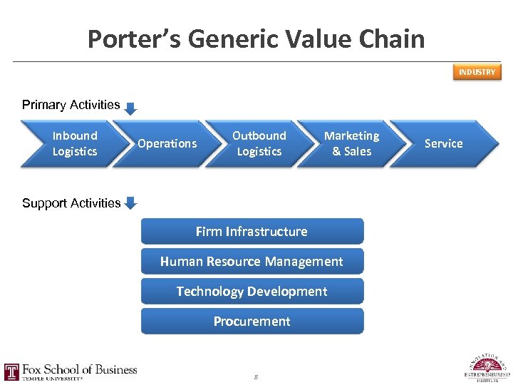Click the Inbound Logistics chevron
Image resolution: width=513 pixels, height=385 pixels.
[74, 143]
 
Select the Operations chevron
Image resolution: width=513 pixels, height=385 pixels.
[167, 143]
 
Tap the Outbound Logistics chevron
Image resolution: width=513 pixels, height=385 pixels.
[259, 143]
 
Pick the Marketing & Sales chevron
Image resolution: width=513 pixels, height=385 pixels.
[351, 143]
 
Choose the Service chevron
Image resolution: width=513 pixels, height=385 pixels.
[444, 143]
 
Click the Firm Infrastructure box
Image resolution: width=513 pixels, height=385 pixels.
[252, 231]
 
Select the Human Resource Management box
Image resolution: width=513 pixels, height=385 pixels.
[252, 262]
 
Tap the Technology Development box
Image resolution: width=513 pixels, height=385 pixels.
[252, 291]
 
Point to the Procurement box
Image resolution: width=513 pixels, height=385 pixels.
[252, 321]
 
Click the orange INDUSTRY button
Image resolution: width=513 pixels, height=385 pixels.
[477, 72]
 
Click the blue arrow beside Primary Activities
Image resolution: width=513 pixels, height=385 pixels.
[130, 108]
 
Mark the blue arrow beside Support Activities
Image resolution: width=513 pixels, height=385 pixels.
[130, 203]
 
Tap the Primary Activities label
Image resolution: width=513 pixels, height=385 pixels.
[71, 105]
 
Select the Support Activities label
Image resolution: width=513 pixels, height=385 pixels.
[71, 203]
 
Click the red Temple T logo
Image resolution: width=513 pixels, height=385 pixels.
[11, 371]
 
